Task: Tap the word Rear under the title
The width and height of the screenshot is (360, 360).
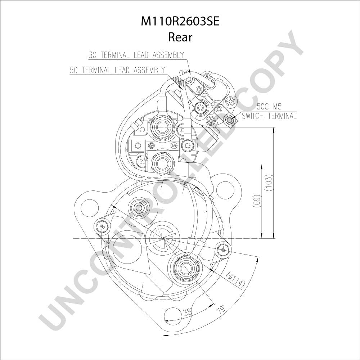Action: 180,37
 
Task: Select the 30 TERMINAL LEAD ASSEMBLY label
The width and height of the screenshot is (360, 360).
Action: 136,55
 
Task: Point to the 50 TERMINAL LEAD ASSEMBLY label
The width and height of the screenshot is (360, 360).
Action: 118,70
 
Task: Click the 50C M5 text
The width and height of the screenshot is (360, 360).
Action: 269,107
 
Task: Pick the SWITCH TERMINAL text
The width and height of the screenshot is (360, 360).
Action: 269,116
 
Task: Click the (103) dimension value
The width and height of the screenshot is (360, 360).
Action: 269,183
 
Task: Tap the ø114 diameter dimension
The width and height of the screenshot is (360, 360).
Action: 235,279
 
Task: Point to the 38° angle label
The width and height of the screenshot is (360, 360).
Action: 188,311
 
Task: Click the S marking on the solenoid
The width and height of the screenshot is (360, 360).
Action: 174,145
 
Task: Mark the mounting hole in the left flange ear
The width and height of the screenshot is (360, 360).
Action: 90,208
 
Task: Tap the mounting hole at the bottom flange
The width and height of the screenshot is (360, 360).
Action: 174,319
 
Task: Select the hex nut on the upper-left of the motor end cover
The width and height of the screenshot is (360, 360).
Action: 139,208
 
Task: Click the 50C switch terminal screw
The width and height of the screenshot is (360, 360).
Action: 230,120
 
